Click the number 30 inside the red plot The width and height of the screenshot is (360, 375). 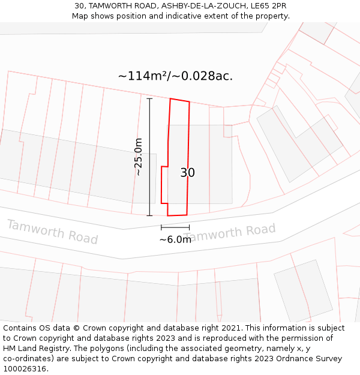187,173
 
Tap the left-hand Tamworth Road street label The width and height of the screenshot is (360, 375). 52,232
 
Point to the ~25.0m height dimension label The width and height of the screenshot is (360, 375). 139,157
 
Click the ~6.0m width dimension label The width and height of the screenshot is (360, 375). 175,240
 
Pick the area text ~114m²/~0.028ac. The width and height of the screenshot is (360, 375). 175,76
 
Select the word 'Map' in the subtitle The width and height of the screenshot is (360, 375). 80,16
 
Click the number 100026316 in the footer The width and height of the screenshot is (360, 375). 26,369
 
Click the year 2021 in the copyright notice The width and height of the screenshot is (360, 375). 230,328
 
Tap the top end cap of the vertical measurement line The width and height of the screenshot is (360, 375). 149,98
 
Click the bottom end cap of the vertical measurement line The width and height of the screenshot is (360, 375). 149,215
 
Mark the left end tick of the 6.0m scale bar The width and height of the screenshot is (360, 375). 161,227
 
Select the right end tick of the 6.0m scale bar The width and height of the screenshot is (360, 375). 189,227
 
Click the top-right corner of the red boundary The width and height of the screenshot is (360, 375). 190,102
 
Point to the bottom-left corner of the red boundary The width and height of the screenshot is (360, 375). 167,215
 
